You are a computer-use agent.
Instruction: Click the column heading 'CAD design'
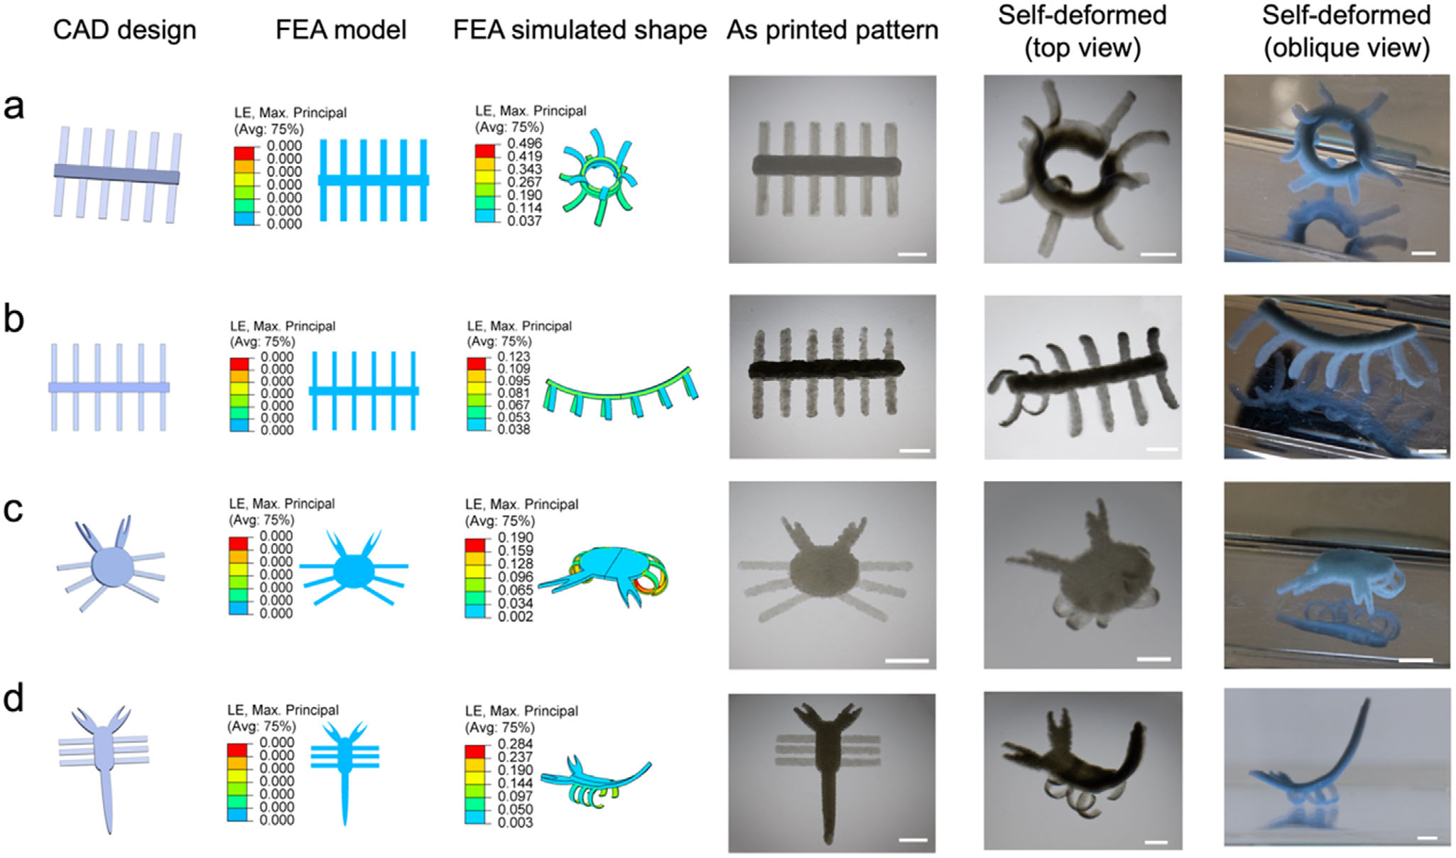point(124,31)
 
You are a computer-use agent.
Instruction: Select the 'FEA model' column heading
point(341,31)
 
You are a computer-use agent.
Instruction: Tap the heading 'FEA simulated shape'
point(580,31)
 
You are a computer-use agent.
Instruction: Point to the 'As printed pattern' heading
point(832,31)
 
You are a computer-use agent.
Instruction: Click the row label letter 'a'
point(14,106)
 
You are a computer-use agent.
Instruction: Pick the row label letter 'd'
point(14,698)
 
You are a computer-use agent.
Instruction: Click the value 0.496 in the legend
point(524,144)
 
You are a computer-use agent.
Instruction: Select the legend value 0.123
point(514,357)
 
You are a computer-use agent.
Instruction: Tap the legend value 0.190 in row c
point(515,538)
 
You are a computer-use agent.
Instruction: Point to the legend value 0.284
point(515,744)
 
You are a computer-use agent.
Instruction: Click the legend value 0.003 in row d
point(515,823)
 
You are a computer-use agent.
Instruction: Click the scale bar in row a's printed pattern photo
point(912,254)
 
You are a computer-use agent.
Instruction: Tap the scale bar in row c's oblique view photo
point(1415,660)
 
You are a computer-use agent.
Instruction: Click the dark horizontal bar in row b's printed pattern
point(826,369)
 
